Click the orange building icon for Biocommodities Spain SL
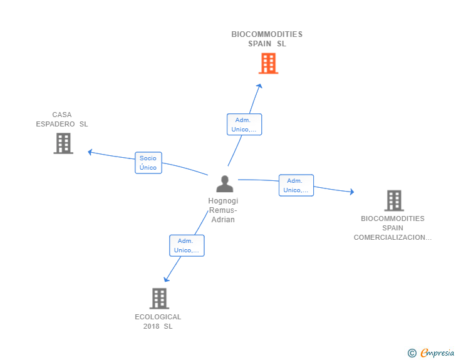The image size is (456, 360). pyautogui.click(x=269, y=63)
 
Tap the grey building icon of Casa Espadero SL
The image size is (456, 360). pyautogui.click(x=63, y=143)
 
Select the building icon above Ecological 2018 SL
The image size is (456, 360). pyautogui.click(x=159, y=299)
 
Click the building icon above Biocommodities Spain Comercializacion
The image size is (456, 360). pyautogui.click(x=394, y=200)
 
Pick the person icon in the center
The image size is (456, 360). pyautogui.click(x=225, y=184)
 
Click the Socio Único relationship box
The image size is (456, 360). pyautogui.click(x=148, y=163)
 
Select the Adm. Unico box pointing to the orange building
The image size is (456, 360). pyautogui.click(x=244, y=125)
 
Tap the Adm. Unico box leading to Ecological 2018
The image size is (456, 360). pyautogui.click(x=187, y=245)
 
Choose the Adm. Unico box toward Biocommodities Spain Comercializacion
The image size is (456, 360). pyautogui.click(x=296, y=185)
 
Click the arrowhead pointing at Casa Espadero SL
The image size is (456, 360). pyautogui.click(x=90, y=152)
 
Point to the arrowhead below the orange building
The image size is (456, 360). pyautogui.click(x=259, y=86)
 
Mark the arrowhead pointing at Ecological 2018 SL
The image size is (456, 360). pyautogui.click(x=166, y=279)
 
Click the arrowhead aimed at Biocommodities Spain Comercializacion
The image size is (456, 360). pyautogui.click(x=352, y=192)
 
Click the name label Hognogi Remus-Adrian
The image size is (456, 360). pyautogui.click(x=223, y=210)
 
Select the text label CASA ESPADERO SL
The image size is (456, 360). pyautogui.click(x=62, y=119)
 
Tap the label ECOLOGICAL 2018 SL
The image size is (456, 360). pyautogui.click(x=158, y=321)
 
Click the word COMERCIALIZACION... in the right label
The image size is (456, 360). pyautogui.click(x=393, y=237)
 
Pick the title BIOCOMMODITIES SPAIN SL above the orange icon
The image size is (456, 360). pyautogui.click(x=267, y=39)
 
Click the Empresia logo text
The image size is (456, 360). pyautogui.click(x=437, y=352)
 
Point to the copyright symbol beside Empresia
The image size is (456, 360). pyautogui.click(x=412, y=353)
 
